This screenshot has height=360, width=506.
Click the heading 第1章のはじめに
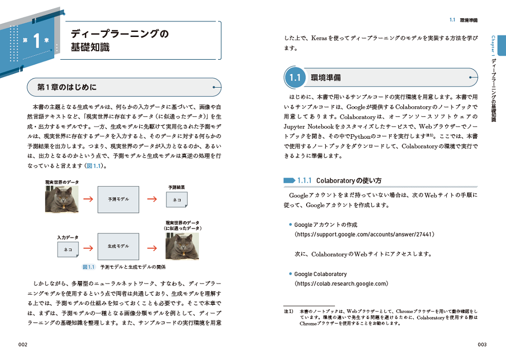point(67,87)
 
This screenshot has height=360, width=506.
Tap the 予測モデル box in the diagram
point(118,199)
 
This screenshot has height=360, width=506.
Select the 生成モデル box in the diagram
point(118,246)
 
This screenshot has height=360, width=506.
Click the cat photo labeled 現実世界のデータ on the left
point(62,199)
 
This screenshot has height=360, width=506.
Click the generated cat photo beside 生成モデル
point(182,247)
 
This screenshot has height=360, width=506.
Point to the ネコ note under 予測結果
point(177,199)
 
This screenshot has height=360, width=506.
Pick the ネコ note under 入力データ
point(68,250)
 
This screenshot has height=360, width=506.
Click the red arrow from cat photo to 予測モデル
point(88,199)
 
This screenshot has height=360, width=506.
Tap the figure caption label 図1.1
point(89,267)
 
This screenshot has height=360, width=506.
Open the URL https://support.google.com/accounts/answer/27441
point(357,234)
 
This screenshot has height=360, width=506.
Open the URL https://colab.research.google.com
point(341,284)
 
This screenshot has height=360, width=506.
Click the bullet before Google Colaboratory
point(290,274)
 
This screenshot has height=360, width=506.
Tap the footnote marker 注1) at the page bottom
point(288,311)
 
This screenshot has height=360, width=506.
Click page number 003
point(482,345)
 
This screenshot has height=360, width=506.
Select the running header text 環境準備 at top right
point(469,20)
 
